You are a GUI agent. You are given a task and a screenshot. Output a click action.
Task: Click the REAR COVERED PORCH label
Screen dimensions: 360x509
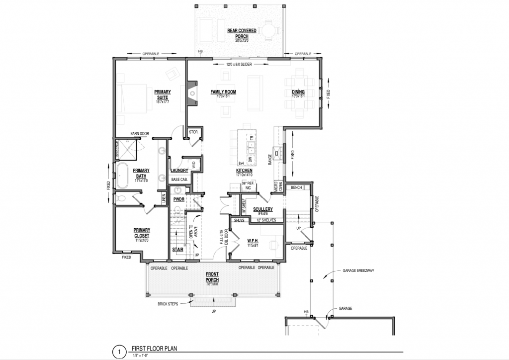tap(242, 33)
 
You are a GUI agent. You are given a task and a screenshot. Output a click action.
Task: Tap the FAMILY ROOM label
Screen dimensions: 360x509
tap(223, 92)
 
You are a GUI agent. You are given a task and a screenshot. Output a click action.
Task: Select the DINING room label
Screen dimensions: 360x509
tap(298, 92)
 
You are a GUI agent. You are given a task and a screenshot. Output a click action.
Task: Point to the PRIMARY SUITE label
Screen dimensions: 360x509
tap(162, 94)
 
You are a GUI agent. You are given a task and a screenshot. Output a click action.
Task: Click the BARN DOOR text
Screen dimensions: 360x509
tap(140, 134)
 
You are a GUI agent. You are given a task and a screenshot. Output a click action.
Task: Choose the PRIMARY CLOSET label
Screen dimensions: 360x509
tap(142, 232)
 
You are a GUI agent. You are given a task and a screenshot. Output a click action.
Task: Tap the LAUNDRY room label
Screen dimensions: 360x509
tap(178, 171)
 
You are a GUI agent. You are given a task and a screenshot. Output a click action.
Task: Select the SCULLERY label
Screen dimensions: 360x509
tap(263, 209)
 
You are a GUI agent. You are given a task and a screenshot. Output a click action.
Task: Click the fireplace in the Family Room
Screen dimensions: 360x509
tap(191, 93)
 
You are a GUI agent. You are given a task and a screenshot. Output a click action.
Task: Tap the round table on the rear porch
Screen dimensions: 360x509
tap(268, 31)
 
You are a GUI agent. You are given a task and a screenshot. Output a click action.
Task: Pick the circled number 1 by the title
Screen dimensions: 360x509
tap(119, 353)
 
